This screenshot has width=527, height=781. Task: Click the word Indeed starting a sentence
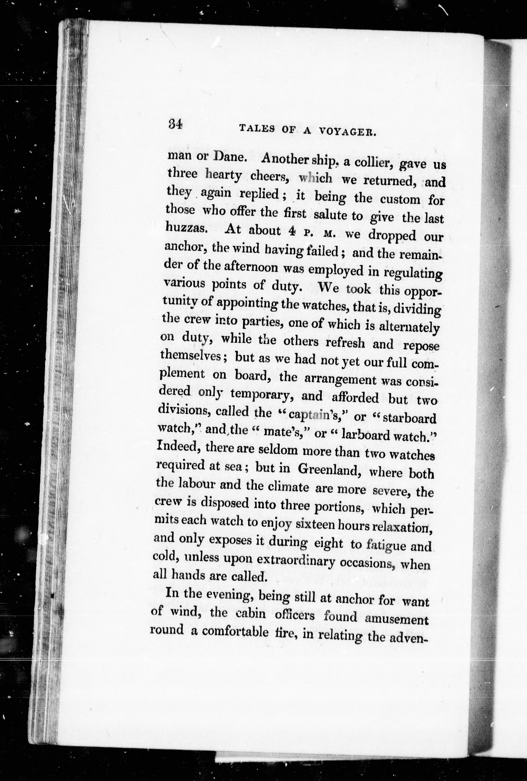pyautogui.click(x=176, y=447)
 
